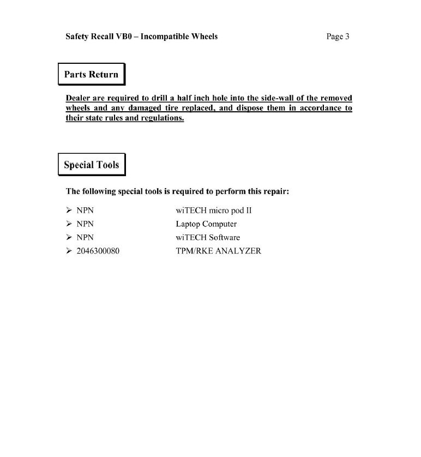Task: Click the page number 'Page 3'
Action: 338,37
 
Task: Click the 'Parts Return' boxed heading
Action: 91,75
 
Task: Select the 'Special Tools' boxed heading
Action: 91,165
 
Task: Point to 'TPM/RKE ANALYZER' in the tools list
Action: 218,251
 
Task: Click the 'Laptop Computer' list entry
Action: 206,224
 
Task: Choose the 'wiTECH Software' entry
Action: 208,238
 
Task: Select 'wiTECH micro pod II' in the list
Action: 213,211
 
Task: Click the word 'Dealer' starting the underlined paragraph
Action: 79,98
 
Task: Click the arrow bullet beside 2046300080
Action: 69,251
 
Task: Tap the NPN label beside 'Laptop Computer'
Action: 85,224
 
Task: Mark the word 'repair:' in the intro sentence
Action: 275,191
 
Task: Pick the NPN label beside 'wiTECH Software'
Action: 85,238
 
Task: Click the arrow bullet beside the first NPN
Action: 69,211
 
